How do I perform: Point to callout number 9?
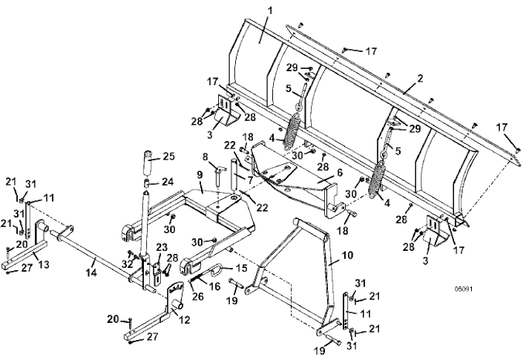coord(200,176)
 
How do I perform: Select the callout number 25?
coord(169,156)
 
